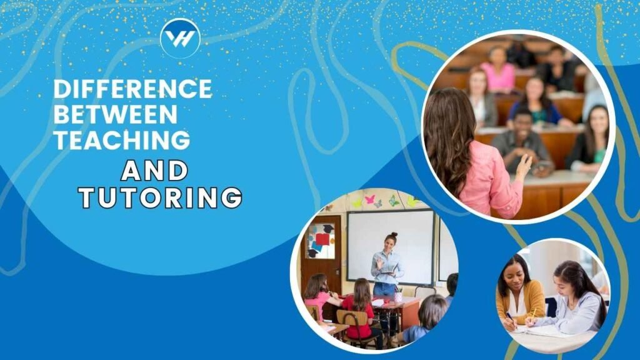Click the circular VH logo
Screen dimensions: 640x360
(181, 38)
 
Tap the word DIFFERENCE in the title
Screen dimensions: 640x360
(132, 89)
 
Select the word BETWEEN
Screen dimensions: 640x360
(116, 114)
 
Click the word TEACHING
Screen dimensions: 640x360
(122, 140)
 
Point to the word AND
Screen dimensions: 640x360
(154, 171)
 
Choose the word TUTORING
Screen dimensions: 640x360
(161, 197)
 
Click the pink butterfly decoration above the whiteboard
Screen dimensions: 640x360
(370, 199)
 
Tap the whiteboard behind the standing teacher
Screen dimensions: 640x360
(390, 246)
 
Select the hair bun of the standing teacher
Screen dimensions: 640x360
(392, 235)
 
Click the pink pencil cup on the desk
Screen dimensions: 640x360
(397, 297)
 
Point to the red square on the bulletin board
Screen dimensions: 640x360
(322, 239)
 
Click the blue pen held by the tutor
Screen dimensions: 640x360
(510, 319)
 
